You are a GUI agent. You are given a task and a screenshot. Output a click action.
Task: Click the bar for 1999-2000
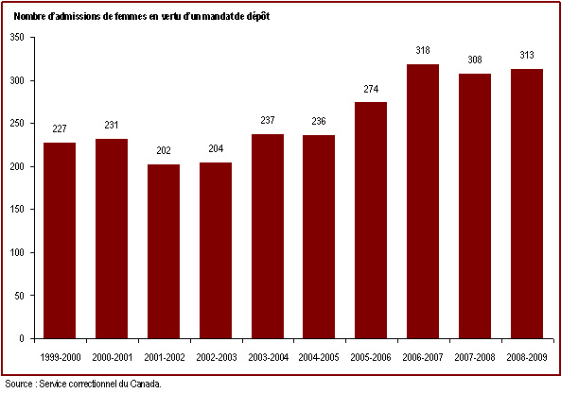pos(60,241)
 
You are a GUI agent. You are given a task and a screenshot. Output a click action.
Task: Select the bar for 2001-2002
pos(164,251)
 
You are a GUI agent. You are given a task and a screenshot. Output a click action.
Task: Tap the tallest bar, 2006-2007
pos(423,201)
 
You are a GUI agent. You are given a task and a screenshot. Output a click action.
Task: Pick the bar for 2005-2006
pos(371,220)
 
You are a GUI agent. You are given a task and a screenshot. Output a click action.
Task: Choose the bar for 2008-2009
pos(527,204)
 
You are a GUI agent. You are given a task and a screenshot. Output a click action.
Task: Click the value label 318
pos(423,50)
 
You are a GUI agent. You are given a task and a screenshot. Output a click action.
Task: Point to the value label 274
pos(371,89)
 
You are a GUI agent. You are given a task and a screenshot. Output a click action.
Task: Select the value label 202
pos(164,150)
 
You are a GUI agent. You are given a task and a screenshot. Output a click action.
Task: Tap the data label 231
pos(112,125)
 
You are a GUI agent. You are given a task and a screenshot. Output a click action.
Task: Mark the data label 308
pos(475,60)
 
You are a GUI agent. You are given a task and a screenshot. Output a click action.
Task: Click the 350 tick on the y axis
pos(17,37)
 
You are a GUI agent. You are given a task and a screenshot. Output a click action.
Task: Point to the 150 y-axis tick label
pos(17,210)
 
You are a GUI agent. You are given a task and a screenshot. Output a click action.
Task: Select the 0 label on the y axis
pos(22,338)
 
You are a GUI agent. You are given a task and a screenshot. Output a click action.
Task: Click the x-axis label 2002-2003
pos(217,357)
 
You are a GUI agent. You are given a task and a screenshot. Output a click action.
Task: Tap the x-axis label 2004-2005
pos(319,357)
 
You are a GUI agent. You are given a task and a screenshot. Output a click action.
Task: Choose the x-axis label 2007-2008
pos(475,357)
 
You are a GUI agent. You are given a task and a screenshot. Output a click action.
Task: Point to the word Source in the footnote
pos(19,384)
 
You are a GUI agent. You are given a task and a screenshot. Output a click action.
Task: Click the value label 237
pos(268,120)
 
